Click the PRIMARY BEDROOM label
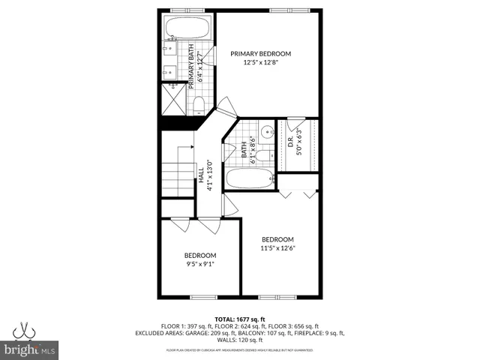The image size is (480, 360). tap(260, 53)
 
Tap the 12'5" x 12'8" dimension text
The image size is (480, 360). tap(260, 63)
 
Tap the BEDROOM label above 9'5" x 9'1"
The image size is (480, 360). tap(200, 255)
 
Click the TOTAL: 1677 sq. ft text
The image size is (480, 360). tap(239, 318)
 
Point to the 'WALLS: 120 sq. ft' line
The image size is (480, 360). tap(240, 339)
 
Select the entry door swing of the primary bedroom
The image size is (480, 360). tap(226, 106)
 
